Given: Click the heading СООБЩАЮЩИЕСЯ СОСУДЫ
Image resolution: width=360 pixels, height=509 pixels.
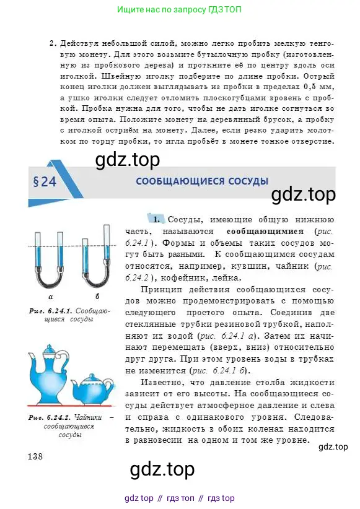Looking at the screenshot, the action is pyautogui.click(x=202, y=181).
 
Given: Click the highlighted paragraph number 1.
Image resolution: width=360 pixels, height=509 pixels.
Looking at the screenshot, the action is pyautogui.click(x=158, y=220).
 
